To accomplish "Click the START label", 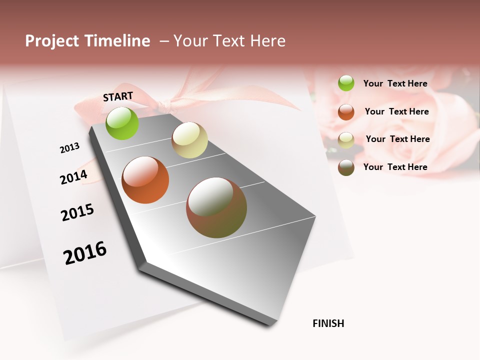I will coord(118,96).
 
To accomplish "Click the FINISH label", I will coord(328,323).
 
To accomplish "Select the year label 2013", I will coord(69,147).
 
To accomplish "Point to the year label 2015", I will coord(77,212).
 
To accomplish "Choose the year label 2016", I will coord(85,253).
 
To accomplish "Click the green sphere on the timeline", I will coord(122,123).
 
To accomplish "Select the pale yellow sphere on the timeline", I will coord(189,140).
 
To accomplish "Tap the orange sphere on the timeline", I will coord(145,180).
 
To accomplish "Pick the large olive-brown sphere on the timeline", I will coord(216,207).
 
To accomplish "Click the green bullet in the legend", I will coord(346,83).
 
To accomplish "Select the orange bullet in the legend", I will coord(346,112).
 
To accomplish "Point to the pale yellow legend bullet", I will coord(346,140).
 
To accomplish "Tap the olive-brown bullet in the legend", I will coord(346,167).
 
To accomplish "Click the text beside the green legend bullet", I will coord(395,84).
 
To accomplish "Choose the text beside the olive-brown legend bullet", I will coord(395,167).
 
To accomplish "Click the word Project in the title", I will coord(52,41).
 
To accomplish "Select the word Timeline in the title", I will coord(117,41).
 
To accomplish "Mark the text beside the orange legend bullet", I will coord(396,111).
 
